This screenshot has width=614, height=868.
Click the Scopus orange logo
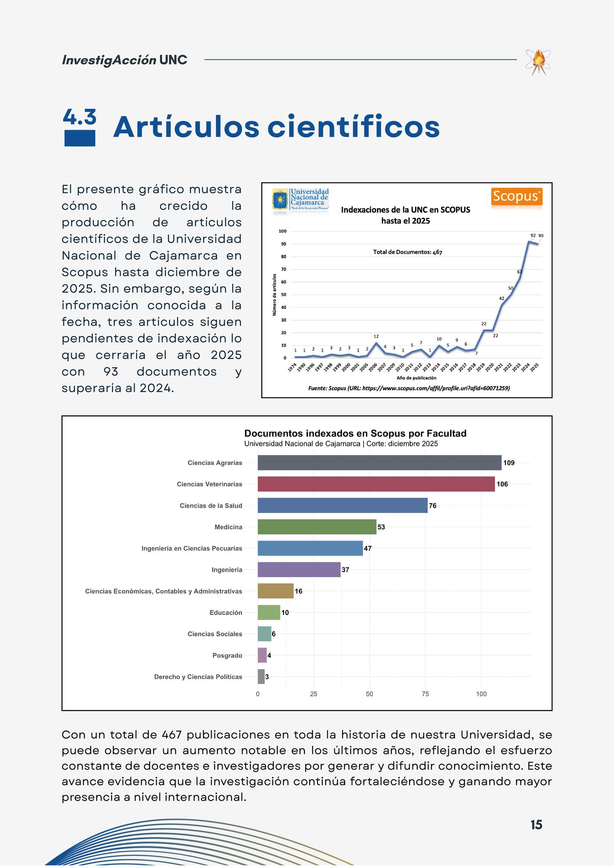coord(516,197)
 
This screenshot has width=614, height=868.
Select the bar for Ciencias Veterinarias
coord(376,484)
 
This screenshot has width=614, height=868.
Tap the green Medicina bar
coord(317,527)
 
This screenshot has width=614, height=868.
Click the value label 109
coord(509,463)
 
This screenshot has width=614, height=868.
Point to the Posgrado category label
coord(227,656)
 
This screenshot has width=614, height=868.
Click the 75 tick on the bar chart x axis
coord(425,694)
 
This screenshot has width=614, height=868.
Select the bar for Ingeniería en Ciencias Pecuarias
coord(310,548)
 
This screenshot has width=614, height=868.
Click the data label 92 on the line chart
coord(533,235)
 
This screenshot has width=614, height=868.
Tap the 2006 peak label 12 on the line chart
coord(376,336)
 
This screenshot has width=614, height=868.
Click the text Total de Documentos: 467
coord(407,252)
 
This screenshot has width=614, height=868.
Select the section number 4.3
coord(79,117)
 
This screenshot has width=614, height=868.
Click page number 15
coord(536,825)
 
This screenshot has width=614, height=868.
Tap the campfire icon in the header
coord(538,62)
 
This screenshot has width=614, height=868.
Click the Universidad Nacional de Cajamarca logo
coord(301,199)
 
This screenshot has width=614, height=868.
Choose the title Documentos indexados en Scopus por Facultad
coord(355,433)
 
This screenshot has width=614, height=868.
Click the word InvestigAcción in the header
coord(109,60)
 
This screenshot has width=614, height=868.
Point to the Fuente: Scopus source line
coord(409,388)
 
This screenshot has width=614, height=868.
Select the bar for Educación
coord(269,612)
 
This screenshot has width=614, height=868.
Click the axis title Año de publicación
coord(416,378)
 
